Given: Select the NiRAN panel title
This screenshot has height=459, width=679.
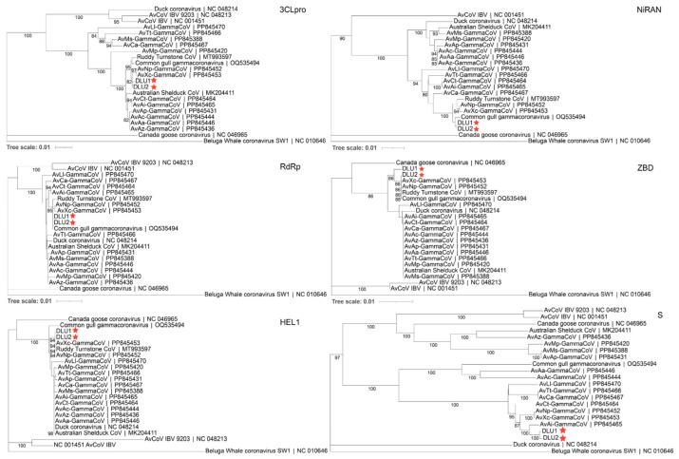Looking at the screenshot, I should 651,10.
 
